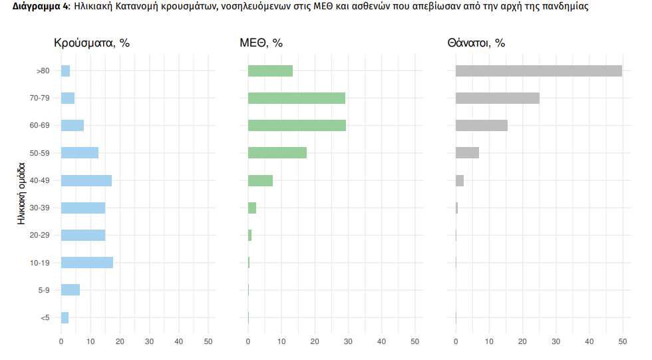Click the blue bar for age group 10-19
point(87,262)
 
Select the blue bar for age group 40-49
point(86,180)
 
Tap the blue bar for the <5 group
point(65,317)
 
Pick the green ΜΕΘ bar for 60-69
point(297,125)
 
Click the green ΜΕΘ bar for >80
point(270,71)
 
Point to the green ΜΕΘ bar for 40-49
point(260,180)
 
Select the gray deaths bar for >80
point(538,71)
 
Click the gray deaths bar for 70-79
point(497,98)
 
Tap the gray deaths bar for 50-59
point(467,152)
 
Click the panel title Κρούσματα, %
point(91,43)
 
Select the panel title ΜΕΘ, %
point(261,43)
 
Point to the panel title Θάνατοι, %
point(476,43)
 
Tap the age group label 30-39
point(41,208)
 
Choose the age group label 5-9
point(43,290)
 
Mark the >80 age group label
point(43,71)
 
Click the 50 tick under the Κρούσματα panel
point(208,341)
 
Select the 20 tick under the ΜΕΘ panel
point(315,341)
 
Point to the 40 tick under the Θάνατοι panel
point(589,341)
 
